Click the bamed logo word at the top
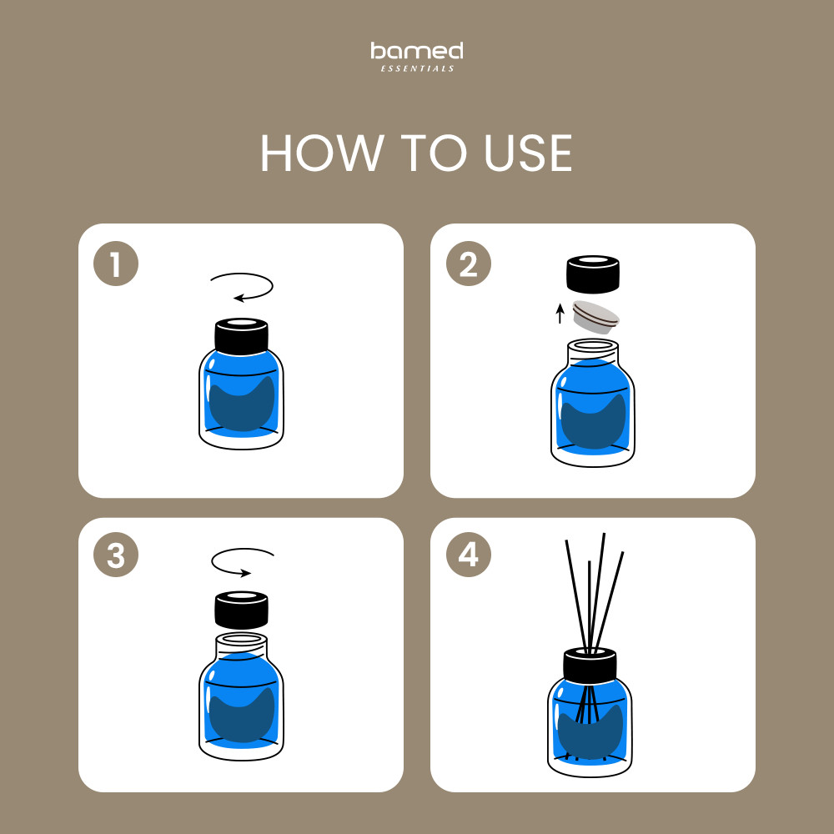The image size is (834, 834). [416, 51]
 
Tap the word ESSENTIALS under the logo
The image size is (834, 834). [418, 68]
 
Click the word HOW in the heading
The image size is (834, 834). [322, 153]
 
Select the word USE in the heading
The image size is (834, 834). [528, 153]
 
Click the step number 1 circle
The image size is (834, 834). [116, 264]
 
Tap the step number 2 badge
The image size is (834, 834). [468, 264]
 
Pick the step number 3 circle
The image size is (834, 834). [116, 555]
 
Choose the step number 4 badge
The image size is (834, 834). [468, 555]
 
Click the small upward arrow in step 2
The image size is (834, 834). [560, 314]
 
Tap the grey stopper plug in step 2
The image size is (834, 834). [595, 317]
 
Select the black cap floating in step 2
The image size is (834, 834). [592, 274]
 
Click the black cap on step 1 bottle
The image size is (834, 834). [242, 336]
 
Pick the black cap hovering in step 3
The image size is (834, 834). [242, 610]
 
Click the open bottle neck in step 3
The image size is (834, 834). [242, 646]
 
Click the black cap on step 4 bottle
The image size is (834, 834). [590, 665]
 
